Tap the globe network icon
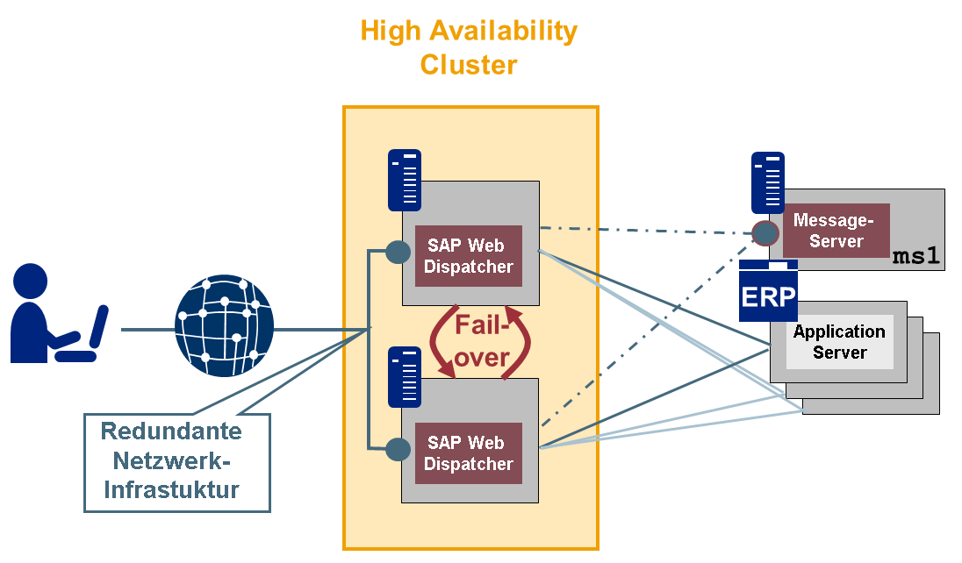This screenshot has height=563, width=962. click(x=224, y=325)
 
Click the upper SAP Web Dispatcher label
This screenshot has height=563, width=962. click(x=469, y=255)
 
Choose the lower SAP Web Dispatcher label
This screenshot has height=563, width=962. click(x=469, y=453)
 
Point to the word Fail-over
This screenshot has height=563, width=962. click(x=482, y=341)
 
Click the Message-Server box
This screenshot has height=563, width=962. click(x=836, y=230)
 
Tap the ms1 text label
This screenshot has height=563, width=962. click(x=916, y=257)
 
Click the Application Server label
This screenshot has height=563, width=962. click(x=839, y=342)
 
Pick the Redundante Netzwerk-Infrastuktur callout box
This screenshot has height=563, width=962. click(x=177, y=461)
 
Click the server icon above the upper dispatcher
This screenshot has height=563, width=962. click(x=405, y=180)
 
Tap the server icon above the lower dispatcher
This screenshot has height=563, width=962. click(x=405, y=376)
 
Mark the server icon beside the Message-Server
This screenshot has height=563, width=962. click(x=768, y=182)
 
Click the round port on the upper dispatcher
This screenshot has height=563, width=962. click(x=398, y=253)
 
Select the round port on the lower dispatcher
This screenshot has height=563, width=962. click(x=398, y=449)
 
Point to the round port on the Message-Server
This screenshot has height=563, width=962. click(x=765, y=232)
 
